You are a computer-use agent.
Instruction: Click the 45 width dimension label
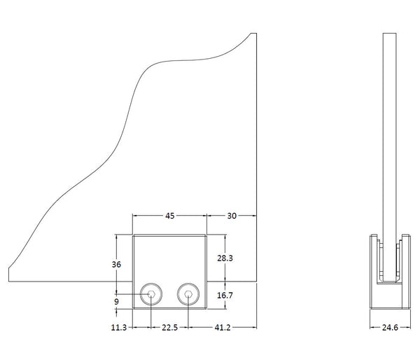pos(170,216)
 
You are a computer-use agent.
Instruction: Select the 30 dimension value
pos(231,216)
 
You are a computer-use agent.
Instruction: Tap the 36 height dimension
pos(116,264)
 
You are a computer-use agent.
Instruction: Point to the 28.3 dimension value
pos(225,258)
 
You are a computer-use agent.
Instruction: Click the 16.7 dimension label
pos(225,296)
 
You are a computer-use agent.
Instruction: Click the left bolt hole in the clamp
pos(151,294)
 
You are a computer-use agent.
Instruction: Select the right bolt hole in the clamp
pos(188,294)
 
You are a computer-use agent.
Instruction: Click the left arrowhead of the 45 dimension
pos(136,216)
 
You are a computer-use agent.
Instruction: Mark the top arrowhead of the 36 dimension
pos(116,237)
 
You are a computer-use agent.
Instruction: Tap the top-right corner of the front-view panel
pos(256,32)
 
